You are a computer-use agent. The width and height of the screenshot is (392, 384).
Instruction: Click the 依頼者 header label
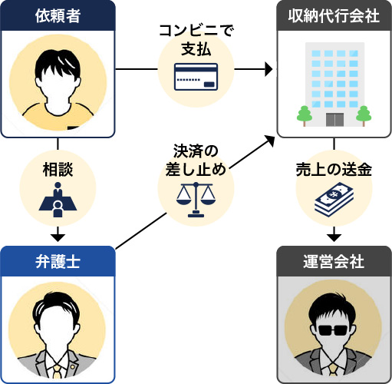coord(58,15)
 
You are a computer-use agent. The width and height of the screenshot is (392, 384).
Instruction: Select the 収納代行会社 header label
coord(334,15)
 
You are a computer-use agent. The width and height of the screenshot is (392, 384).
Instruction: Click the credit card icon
coord(196,77)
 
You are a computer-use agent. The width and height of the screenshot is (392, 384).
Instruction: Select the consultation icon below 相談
coord(58,198)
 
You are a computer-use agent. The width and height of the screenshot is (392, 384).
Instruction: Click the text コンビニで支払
coord(196,39)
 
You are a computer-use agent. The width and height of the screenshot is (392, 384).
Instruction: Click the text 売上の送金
coord(334,170)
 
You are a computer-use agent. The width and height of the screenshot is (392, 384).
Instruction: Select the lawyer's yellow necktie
coord(58,373)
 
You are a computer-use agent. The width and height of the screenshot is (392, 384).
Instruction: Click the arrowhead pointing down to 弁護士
coord(58,235)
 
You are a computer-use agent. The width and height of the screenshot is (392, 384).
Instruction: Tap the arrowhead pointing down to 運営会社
coord(334,235)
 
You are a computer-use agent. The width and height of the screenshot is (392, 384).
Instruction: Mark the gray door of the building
coord(334,119)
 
